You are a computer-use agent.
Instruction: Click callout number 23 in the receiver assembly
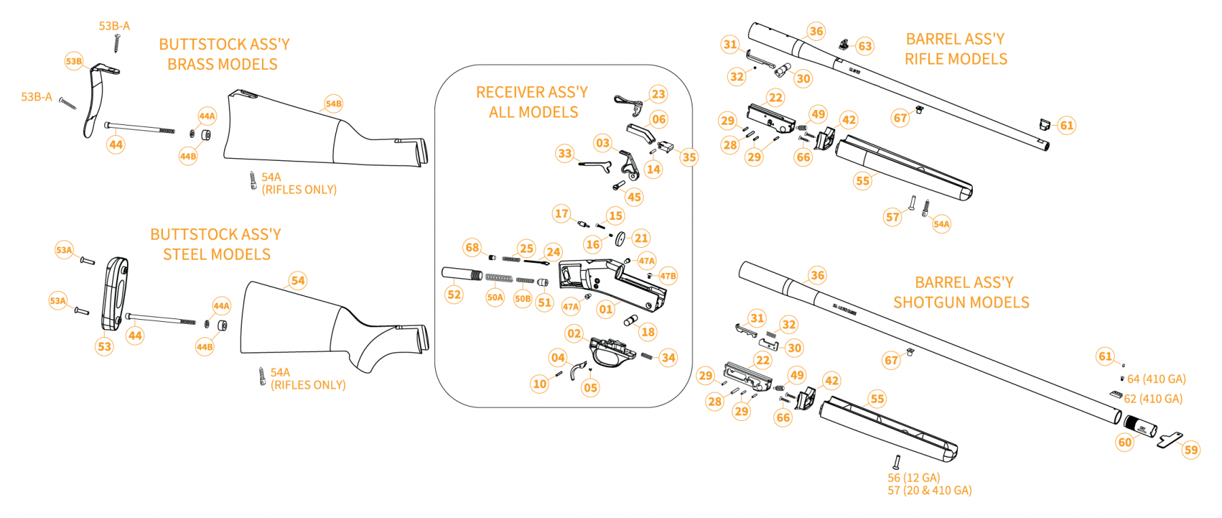point(658,94)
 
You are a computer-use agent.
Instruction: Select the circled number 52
point(454,294)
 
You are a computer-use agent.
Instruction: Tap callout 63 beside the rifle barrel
point(864,46)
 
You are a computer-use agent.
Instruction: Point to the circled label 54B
point(333,104)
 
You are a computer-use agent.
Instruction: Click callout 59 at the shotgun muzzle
point(1191,449)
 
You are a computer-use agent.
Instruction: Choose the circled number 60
point(1125,442)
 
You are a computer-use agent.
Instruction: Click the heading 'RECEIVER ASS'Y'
point(532,92)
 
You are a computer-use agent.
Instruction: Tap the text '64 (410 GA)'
point(1156,379)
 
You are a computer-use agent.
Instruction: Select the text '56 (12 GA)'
point(913,478)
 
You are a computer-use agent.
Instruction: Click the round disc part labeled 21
point(621,239)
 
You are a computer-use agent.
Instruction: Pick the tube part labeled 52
point(460,274)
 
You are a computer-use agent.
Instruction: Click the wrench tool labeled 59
point(1170,439)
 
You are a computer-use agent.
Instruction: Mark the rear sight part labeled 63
point(844,45)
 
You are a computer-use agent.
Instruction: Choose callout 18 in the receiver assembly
point(648,331)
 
